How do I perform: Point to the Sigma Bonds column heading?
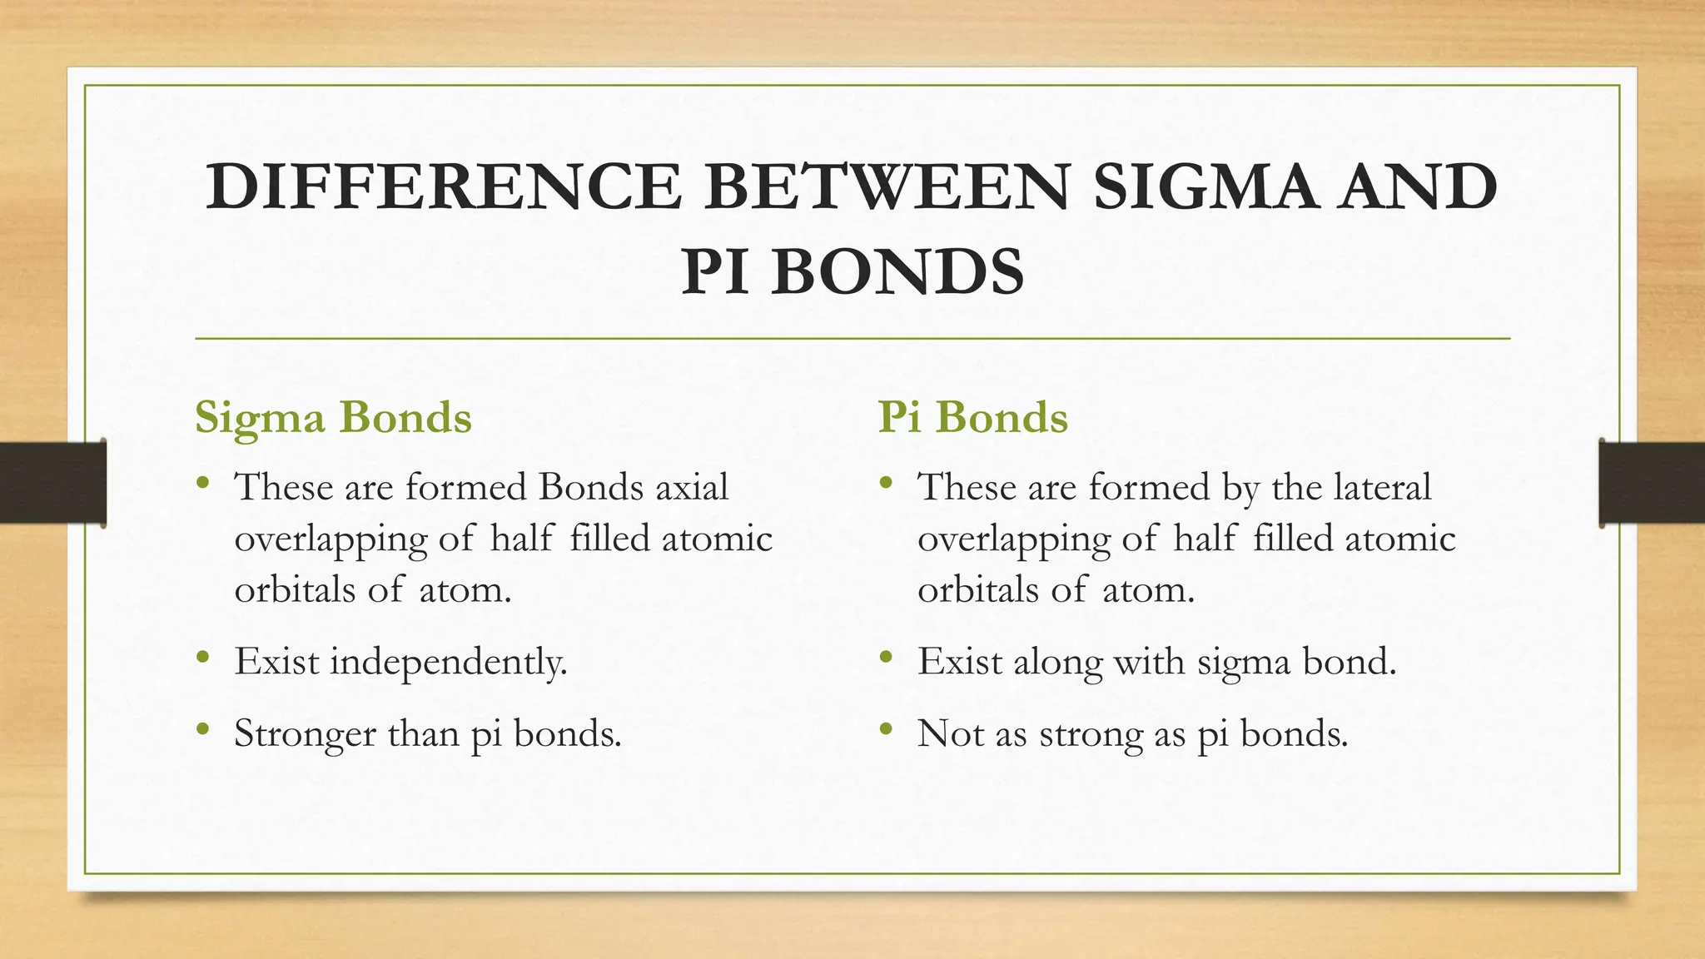click(333, 417)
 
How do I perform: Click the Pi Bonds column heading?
click(972, 417)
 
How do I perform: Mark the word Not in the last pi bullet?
click(948, 734)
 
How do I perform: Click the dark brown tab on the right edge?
click(1652, 483)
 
